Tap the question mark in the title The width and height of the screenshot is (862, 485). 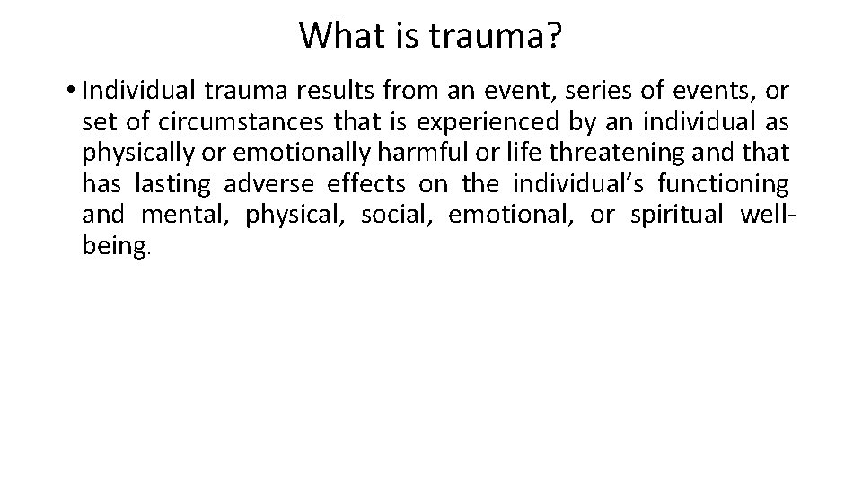pos(553,36)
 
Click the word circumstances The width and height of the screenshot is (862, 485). pos(233,121)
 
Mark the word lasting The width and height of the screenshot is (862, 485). pos(172,184)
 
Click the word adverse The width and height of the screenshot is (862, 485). pos(268,184)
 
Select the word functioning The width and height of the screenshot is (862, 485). pos(723,184)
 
